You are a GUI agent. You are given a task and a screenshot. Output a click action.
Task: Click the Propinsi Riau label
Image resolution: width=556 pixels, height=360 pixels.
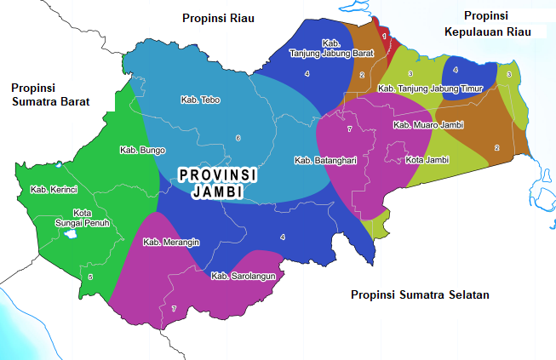[219, 18]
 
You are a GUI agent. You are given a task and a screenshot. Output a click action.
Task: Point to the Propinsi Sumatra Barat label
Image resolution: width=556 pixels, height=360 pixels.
[50, 94]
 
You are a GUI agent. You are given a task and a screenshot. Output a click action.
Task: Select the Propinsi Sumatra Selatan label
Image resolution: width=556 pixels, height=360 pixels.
[421, 295]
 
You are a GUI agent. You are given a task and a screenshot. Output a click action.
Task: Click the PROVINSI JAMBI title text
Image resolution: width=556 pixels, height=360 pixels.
[217, 183]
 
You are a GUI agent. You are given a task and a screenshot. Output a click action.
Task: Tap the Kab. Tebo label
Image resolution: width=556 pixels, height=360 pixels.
[201, 100]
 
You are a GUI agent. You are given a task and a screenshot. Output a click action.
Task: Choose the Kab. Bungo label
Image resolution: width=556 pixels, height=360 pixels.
[142, 151]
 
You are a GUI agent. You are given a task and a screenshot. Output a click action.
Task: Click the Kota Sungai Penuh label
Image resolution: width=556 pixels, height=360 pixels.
[82, 218]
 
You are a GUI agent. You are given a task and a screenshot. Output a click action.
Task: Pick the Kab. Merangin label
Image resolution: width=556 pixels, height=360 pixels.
[171, 243]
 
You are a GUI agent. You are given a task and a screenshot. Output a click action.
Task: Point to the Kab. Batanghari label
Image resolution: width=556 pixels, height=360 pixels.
[324, 160]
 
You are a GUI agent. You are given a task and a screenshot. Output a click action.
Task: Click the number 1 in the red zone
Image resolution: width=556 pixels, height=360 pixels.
[384, 36]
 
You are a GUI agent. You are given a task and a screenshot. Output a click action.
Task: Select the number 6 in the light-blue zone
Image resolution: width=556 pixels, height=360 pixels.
[238, 139]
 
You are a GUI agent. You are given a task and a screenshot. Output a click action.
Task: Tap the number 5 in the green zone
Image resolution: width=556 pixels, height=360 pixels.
[89, 277]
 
